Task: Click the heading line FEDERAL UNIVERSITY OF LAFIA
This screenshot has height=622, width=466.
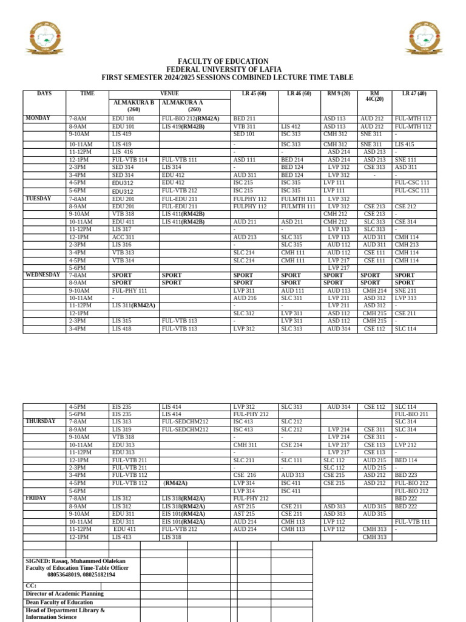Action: (223, 70)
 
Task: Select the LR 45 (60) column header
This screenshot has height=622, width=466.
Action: (249, 94)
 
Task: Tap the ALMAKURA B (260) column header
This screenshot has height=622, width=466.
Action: (133, 106)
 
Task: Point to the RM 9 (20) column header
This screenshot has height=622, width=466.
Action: (339, 94)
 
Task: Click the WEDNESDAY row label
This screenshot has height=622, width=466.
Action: (42, 275)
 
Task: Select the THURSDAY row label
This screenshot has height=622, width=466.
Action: (41, 421)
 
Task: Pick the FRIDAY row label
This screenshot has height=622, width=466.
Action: (36, 498)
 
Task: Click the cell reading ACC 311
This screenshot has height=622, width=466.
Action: (123, 237)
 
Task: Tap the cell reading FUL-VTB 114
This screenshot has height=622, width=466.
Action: (130, 160)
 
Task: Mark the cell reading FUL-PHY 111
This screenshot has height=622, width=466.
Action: (130, 291)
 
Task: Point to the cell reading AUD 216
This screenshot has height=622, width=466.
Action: (245, 298)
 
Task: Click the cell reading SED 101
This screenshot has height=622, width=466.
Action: (244, 134)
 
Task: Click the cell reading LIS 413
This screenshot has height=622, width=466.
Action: (121, 537)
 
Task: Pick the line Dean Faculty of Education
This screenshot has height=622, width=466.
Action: (59, 603)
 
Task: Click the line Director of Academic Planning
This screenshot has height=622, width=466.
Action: (64, 593)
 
